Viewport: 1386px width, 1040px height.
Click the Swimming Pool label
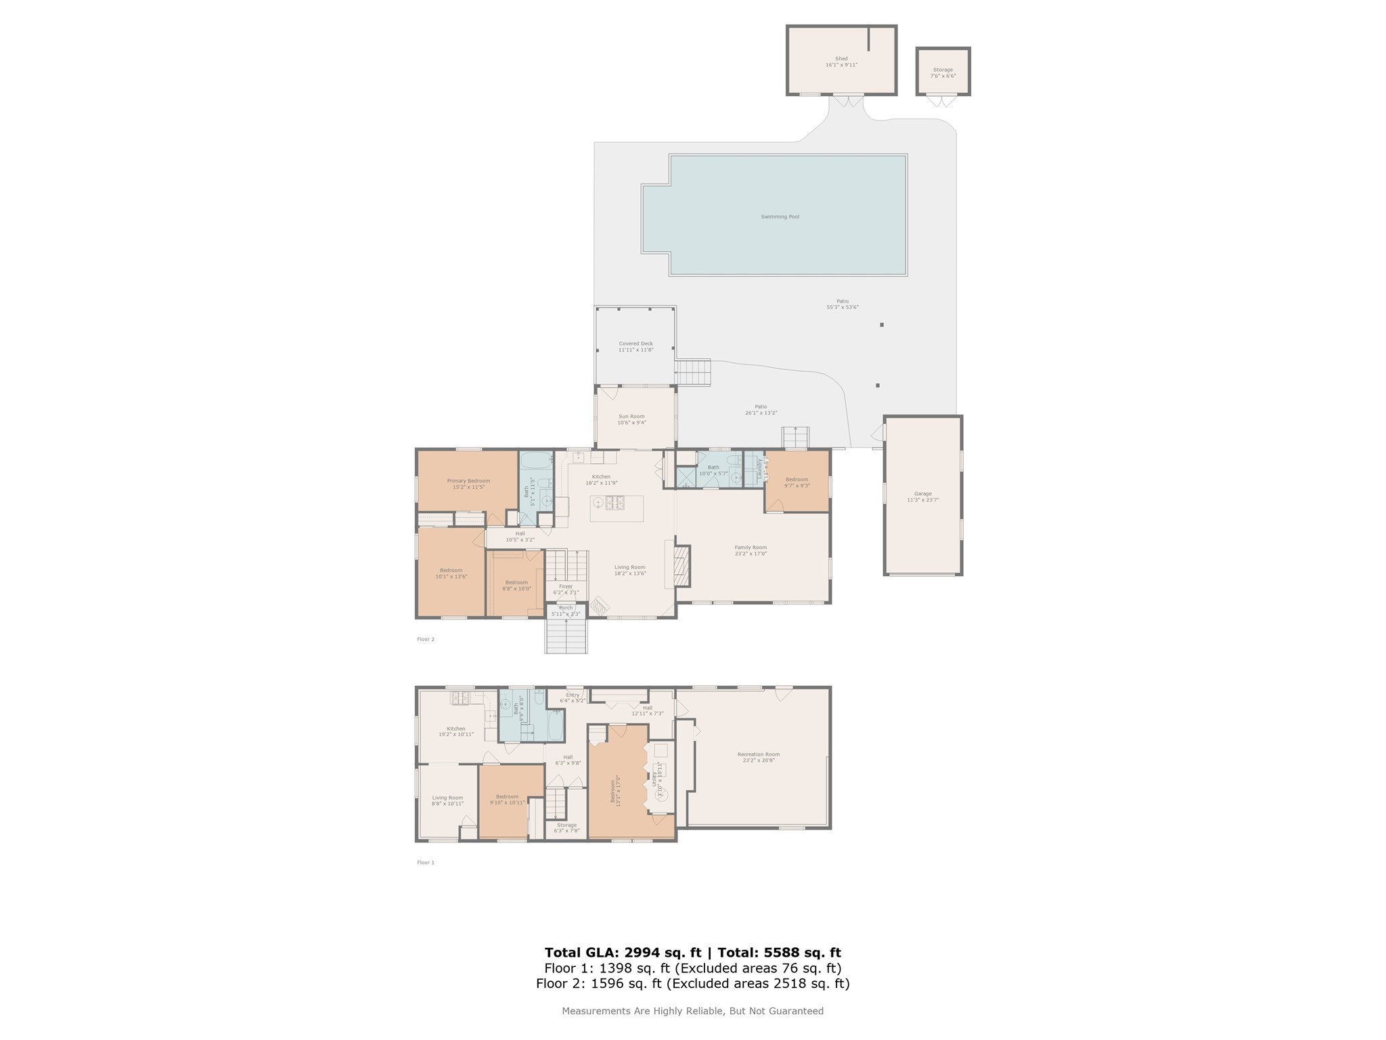click(x=780, y=217)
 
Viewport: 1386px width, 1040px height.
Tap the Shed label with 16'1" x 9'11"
click(x=841, y=62)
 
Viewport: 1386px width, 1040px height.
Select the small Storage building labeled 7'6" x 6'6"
click(x=943, y=72)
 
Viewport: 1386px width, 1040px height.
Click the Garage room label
click(x=923, y=496)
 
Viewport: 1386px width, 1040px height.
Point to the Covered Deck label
click(x=635, y=347)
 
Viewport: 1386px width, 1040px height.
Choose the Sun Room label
click(x=631, y=419)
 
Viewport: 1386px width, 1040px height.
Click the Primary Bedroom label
click(x=468, y=483)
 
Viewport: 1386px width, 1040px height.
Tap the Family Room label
click(x=751, y=550)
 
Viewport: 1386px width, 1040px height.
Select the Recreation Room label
click(x=759, y=757)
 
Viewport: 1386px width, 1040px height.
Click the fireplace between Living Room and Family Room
click(x=681, y=566)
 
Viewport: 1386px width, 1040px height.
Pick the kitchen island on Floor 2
click(x=617, y=508)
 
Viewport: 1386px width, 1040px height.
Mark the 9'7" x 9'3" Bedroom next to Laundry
click(x=797, y=482)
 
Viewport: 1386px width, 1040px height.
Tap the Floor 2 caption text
click(x=426, y=639)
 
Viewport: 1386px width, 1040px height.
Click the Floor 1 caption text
click(x=426, y=863)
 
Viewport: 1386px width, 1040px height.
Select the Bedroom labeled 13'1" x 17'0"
click(x=616, y=789)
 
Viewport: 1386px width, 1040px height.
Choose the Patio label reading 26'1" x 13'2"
click(x=761, y=410)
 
